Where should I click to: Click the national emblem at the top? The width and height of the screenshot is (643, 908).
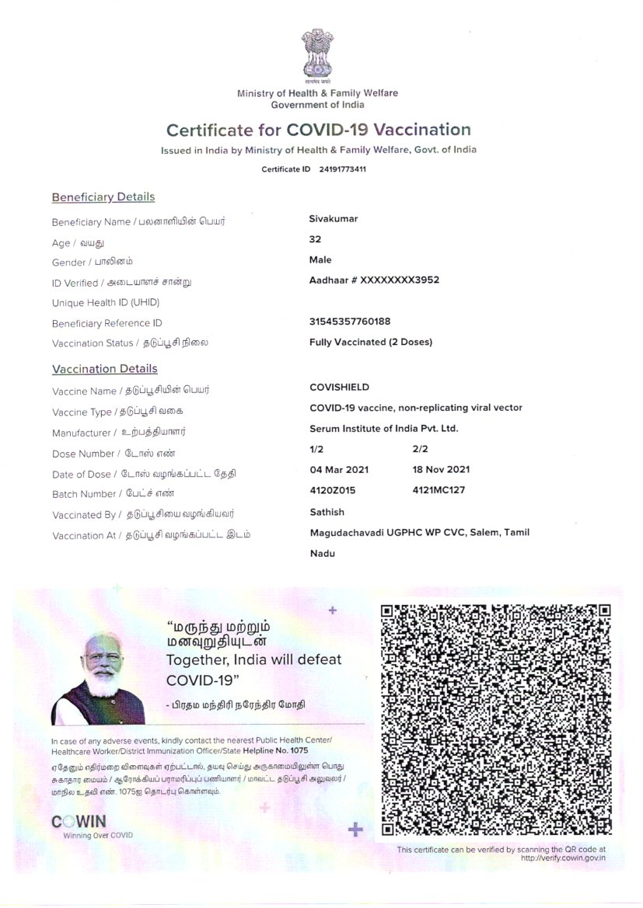pos(317,55)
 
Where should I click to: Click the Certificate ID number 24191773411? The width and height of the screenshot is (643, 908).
pos(342,169)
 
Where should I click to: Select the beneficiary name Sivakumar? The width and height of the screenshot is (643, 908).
pos(334,219)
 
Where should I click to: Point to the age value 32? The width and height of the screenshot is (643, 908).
pos(315,239)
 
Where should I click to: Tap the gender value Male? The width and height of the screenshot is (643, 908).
pos(320,259)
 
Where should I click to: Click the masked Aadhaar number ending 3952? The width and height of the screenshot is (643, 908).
pos(374,280)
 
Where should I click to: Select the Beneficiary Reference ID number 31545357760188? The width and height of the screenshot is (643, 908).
pos(350,322)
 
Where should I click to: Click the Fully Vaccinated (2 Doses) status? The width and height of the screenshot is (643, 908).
pos(371,342)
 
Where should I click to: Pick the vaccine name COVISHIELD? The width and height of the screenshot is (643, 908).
pos(339,387)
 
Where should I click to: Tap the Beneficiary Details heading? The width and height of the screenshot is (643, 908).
pos(103,197)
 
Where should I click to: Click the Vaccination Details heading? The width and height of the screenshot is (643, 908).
pos(105,369)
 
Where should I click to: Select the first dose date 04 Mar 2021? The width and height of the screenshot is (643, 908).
pos(339,469)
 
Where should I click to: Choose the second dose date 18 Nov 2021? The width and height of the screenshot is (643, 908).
pos(441,469)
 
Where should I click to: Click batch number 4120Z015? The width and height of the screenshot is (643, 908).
pos(333,490)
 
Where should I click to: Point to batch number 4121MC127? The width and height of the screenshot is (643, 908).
pos(439,490)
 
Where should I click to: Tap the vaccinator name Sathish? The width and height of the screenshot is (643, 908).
pos(327,512)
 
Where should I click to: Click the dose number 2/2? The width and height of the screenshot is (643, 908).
pos(420,449)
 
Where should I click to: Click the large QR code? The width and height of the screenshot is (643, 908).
pos(495,720)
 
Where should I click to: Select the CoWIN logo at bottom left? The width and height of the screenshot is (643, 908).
pos(79,822)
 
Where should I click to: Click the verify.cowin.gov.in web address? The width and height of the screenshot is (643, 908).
pos(563,858)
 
